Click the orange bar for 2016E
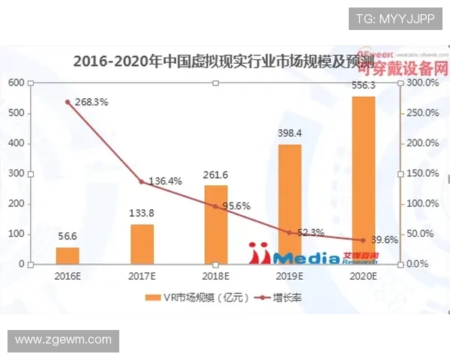pos(67,255)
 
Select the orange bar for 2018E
pos(215,225)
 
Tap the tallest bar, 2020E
pos(363,180)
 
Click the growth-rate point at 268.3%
pos(67,102)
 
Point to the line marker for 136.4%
pos(141,181)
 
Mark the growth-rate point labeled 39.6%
pos(363,240)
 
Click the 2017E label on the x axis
pos(142,275)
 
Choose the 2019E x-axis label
pos(289,275)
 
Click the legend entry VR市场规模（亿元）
pos(188,298)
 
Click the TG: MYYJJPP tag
pos(394,17)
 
